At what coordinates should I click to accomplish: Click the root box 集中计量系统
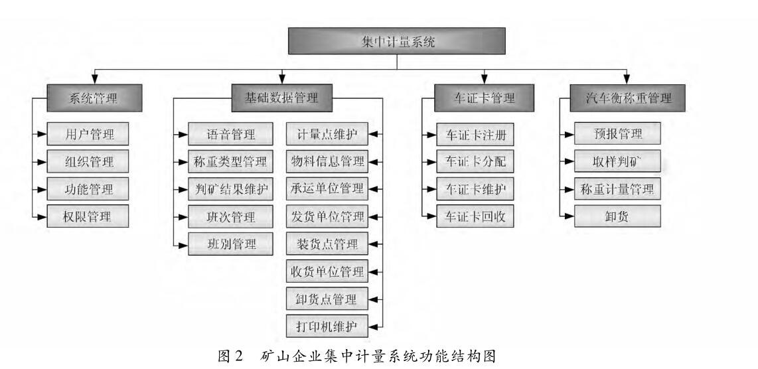point(396,41)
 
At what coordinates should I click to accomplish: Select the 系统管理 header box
point(94,99)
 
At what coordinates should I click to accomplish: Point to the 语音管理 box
point(229,135)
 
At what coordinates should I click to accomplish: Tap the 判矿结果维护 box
point(229,189)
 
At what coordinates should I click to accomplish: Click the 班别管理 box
point(229,243)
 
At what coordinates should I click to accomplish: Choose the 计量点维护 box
point(326,135)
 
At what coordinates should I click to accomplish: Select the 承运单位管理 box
point(326,189)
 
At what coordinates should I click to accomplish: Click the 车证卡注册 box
point(475,135)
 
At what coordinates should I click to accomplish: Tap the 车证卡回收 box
point(475,216)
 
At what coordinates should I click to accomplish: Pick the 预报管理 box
point(617,135)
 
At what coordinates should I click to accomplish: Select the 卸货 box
point(617,216)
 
